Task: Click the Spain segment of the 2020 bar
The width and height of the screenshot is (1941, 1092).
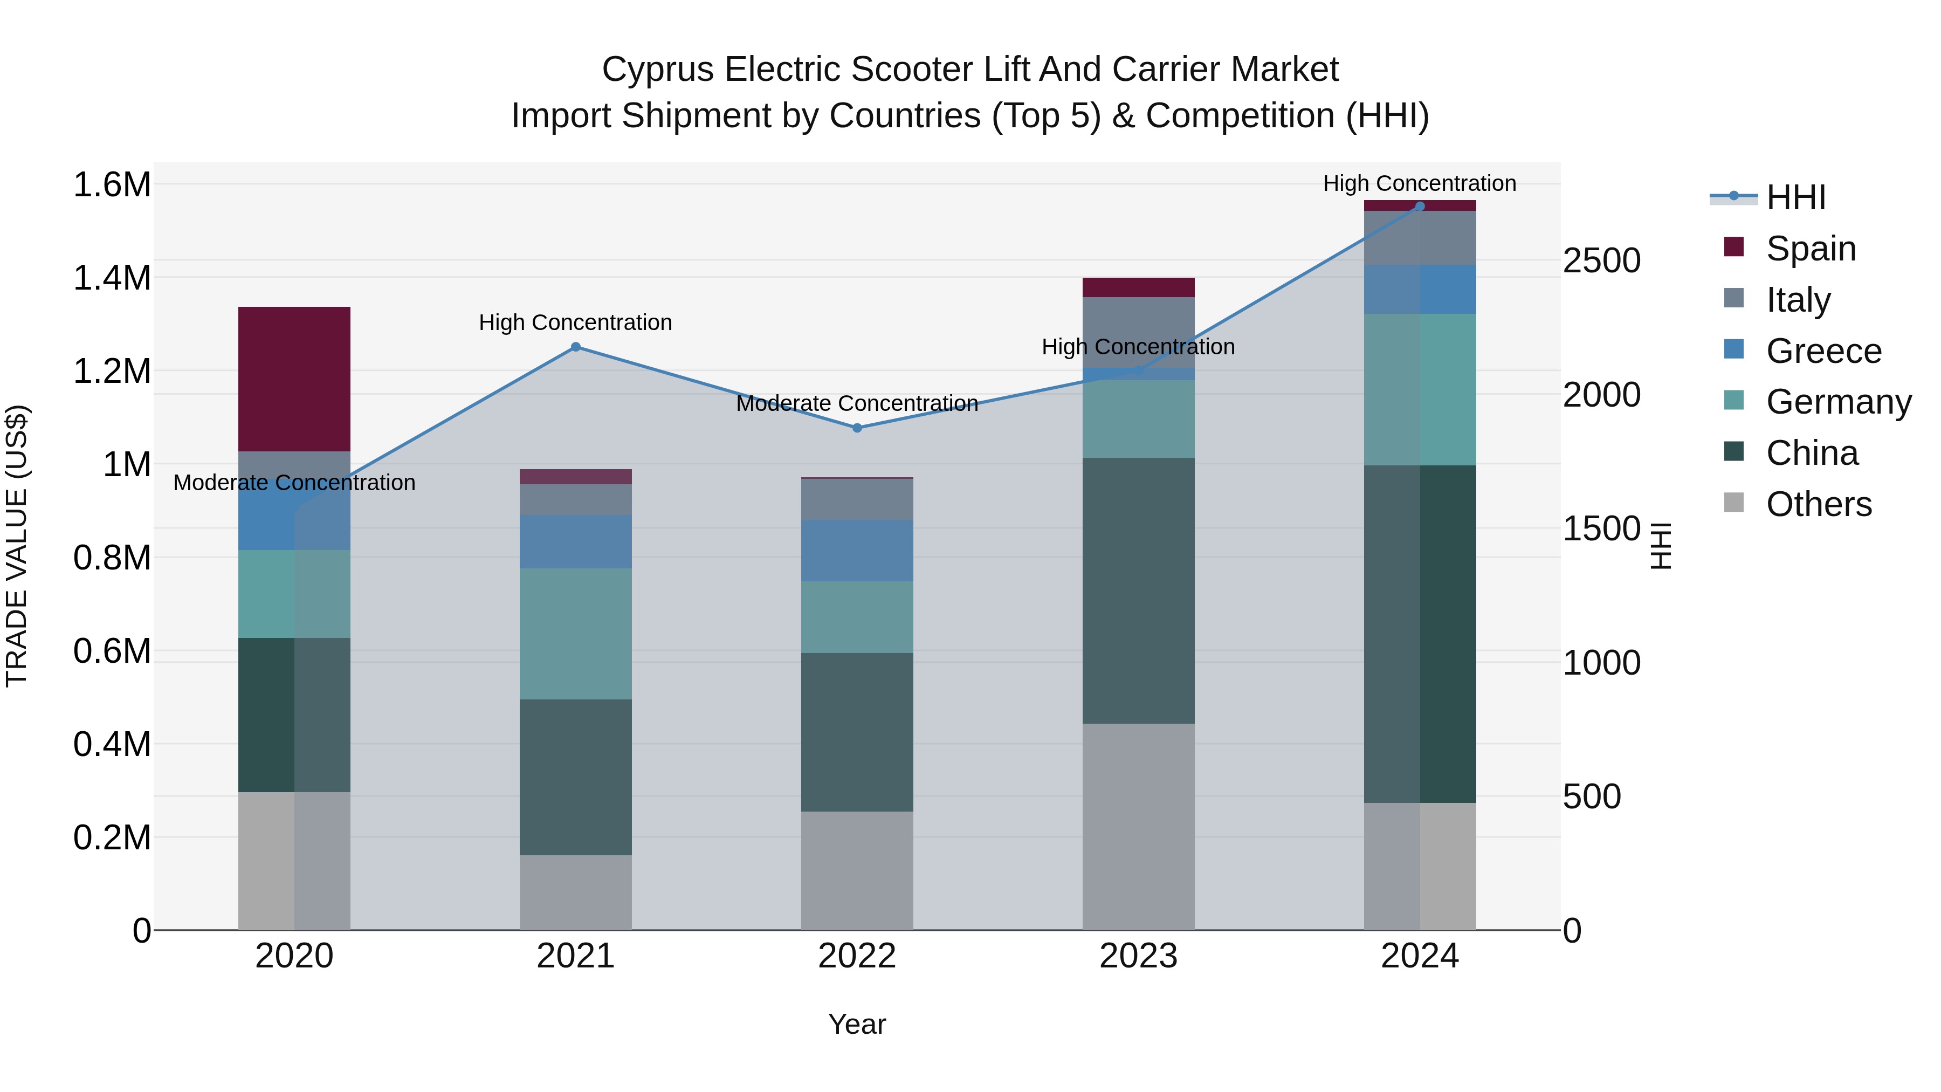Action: [x=294, y=379]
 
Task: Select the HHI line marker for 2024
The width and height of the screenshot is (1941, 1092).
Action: [x=1420, y=206]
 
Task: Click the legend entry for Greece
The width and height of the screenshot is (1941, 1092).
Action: [x=1823, y=351]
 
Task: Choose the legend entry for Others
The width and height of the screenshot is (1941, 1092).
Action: [x=1818, y=504]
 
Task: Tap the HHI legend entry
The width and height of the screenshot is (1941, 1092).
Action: [x=1795, y=197]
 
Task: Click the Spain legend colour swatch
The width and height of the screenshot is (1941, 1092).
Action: [x=1734, y=247]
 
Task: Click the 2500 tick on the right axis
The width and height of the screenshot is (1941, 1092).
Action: [x=1602, y=261]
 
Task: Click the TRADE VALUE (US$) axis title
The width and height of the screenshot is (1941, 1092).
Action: [x=17, y=546]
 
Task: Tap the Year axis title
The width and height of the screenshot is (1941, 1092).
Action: [x=857, y=1024]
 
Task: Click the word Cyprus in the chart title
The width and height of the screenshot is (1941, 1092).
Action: [x=657, y=70]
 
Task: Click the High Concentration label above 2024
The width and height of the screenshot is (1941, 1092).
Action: [x=1420, y=183]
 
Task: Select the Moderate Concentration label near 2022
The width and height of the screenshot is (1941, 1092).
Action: [x=857, y=403]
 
